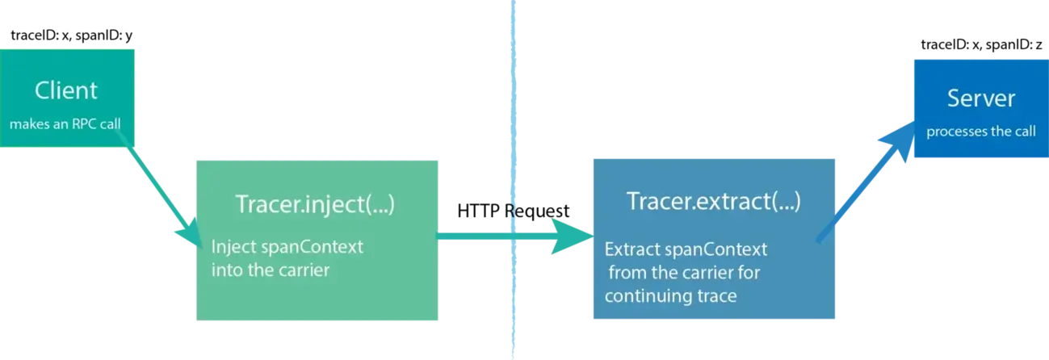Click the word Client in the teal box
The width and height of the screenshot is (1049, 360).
coord(66,91)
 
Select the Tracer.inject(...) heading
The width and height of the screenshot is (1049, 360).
coord(315,204)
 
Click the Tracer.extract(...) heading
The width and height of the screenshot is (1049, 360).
coord(714,202)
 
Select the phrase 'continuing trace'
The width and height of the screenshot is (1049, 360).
coord(670,296)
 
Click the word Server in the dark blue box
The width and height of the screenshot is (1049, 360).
coord(980,98)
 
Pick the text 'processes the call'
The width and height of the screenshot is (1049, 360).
coord(980,132)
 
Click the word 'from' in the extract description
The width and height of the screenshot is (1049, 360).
coord(625,273)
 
